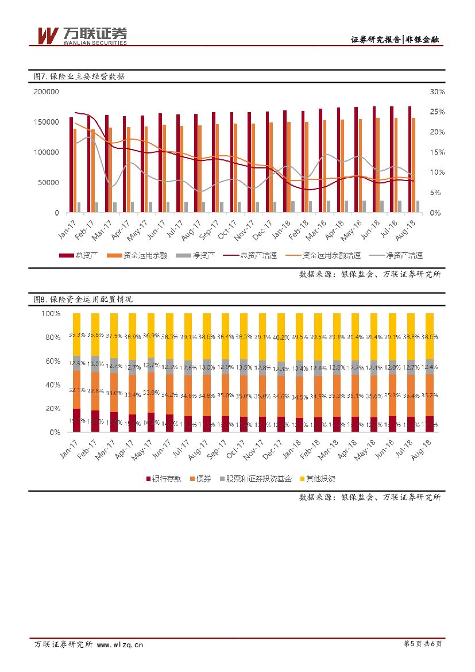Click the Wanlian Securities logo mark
click(48, 36)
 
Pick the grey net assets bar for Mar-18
click(329, 207)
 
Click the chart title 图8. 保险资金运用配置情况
click(83, 299)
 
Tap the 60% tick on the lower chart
click(51, 361)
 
